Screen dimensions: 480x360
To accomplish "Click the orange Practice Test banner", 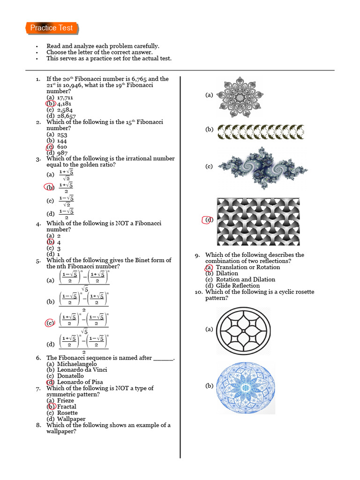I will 51,28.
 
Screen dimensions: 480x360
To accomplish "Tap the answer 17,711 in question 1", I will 65,97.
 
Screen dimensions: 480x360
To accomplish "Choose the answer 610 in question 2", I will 62,147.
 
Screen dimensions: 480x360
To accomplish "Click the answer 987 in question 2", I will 62,153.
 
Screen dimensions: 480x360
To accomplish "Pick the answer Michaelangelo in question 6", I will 77,364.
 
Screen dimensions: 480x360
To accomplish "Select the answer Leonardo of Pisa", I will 80,382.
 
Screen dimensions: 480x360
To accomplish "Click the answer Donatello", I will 70,376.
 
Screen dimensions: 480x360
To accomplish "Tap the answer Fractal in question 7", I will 67,407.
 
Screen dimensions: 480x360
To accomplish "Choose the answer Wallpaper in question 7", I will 71,419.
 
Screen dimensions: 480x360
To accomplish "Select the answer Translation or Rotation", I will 247,267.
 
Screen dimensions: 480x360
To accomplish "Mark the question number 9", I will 197,255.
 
